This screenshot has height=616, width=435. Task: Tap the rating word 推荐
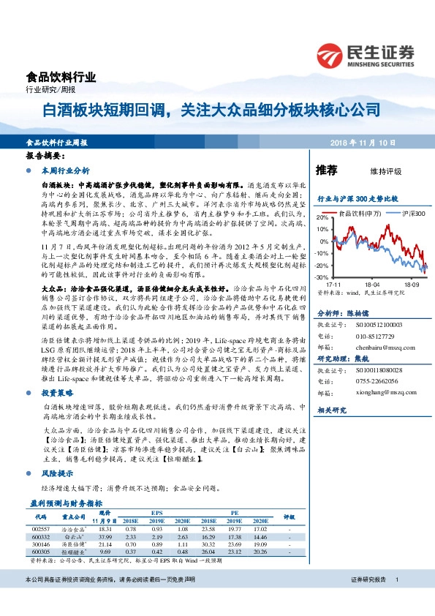coord(326,170)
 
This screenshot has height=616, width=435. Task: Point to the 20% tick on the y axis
coord(323,218)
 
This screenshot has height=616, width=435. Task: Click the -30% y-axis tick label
coord(322,277)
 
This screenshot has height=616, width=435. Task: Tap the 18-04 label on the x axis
coord(373,284)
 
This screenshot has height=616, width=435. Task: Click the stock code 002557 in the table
coord(42,527)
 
